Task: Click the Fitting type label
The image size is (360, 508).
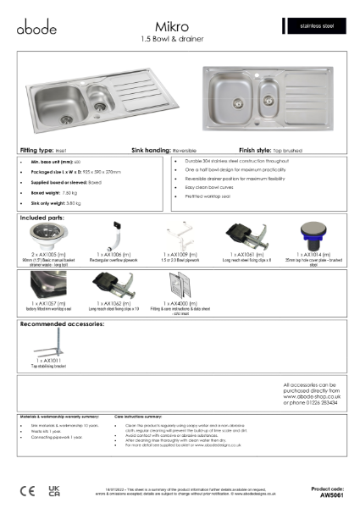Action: pos(35,147)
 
